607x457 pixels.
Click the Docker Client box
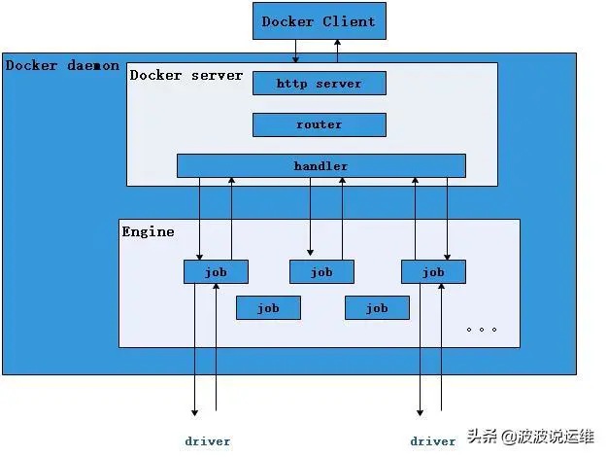(x=319, y=21)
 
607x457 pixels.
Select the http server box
(x=319, y=84)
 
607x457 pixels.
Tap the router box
(x=319, y=124)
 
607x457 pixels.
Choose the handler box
(x=320, y=166)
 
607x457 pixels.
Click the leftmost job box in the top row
(x=216, y=272)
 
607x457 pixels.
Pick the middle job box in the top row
(x=321, y=272)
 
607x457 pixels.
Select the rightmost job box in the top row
(x=433, y=272)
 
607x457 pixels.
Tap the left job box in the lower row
(x=268, y=308)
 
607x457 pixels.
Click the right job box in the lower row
(x=377, y=308)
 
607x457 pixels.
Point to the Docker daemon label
(x=62, y=66)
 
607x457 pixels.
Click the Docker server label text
(x=186, y=75)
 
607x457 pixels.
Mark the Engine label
(x=149, y=231)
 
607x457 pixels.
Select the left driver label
(x=208, y=440)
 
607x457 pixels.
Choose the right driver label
(x=432, y=440)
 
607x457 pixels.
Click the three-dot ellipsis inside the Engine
(x=481, y=329)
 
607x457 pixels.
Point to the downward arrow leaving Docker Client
(x=295, y=53)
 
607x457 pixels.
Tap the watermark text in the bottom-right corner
(x=532, y=436)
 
